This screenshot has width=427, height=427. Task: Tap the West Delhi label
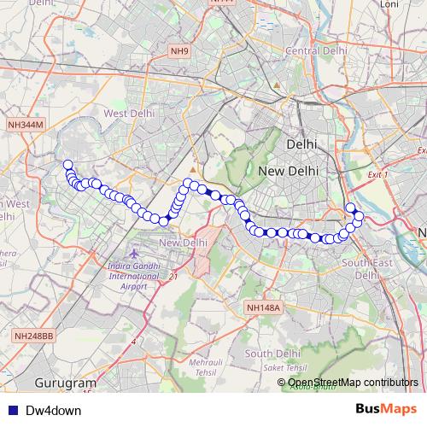pos(129,113)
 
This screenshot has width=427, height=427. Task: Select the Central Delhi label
pos(316,50)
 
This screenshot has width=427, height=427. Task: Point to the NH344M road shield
pos(25,125)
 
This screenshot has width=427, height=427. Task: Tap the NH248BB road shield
pos(33,337)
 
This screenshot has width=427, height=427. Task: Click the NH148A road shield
pos(263,307)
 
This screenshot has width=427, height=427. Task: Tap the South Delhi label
pos(272,353)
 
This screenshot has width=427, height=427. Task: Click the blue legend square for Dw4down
pos(12,411)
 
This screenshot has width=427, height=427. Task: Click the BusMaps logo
pos(385,410)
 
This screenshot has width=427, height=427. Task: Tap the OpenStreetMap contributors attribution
pos(353,382)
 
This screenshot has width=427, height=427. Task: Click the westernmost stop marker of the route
pos(67,165)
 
